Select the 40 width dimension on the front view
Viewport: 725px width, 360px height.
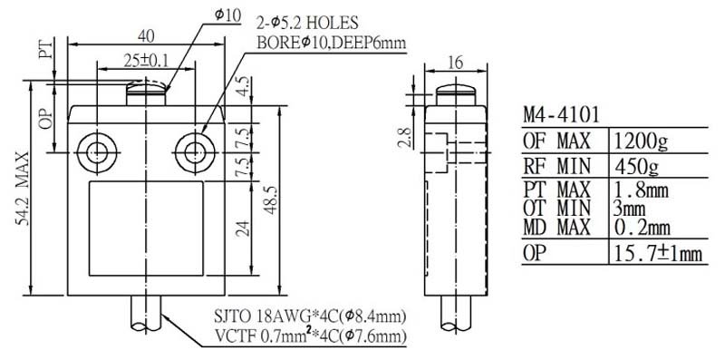point(147,36)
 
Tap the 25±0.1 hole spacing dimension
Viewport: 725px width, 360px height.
point(145,60)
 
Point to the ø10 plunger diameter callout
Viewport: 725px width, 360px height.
point(227,15)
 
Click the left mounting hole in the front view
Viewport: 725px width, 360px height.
point(97,152)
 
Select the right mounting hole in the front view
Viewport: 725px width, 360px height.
point(194,152)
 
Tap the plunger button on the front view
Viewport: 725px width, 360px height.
point(146,93)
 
